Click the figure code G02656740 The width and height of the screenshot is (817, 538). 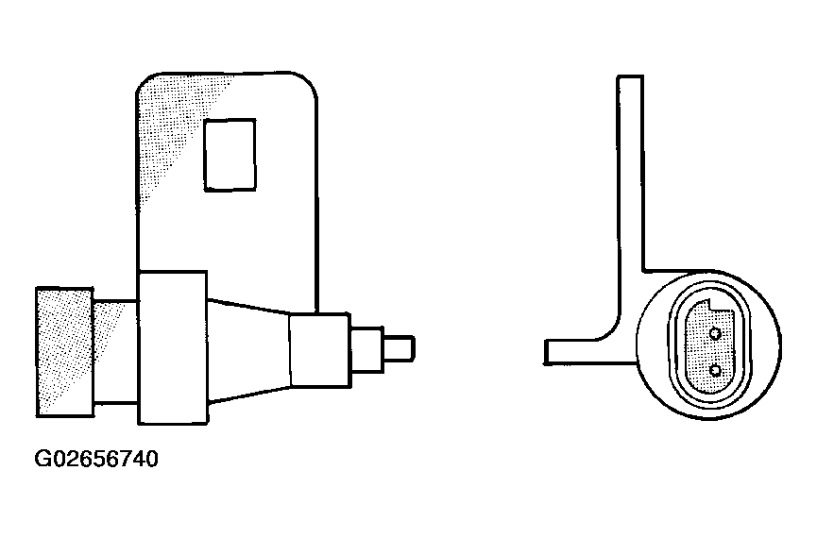click(96, 460)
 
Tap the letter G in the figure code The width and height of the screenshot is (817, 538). click(43, 460)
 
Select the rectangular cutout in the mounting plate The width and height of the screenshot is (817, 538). click(230, 155)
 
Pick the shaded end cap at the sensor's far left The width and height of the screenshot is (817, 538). click(64, 352)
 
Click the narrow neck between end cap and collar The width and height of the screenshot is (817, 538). click(115, 351)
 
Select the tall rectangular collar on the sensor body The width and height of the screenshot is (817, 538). click(173, 347)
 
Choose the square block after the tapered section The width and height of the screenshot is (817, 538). click(319, 350)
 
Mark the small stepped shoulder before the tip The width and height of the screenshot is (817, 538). click(366, 349)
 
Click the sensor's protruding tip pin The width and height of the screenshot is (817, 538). click(400, 349)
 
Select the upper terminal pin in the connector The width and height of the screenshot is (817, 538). click(715, 333)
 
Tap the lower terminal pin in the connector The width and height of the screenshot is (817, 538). click(715, 371)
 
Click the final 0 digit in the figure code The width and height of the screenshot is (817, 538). click(151, 460)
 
